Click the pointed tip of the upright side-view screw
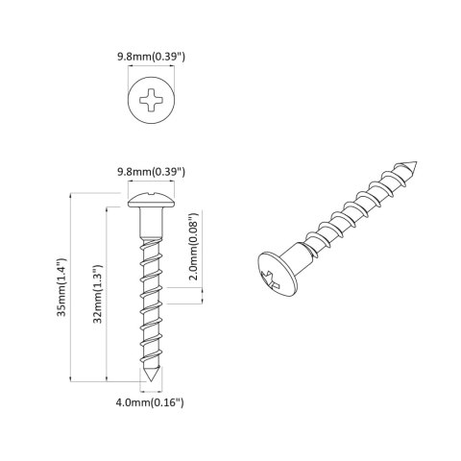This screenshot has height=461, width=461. pos(150,384)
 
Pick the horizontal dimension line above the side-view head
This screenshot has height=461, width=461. pos(150,183)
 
